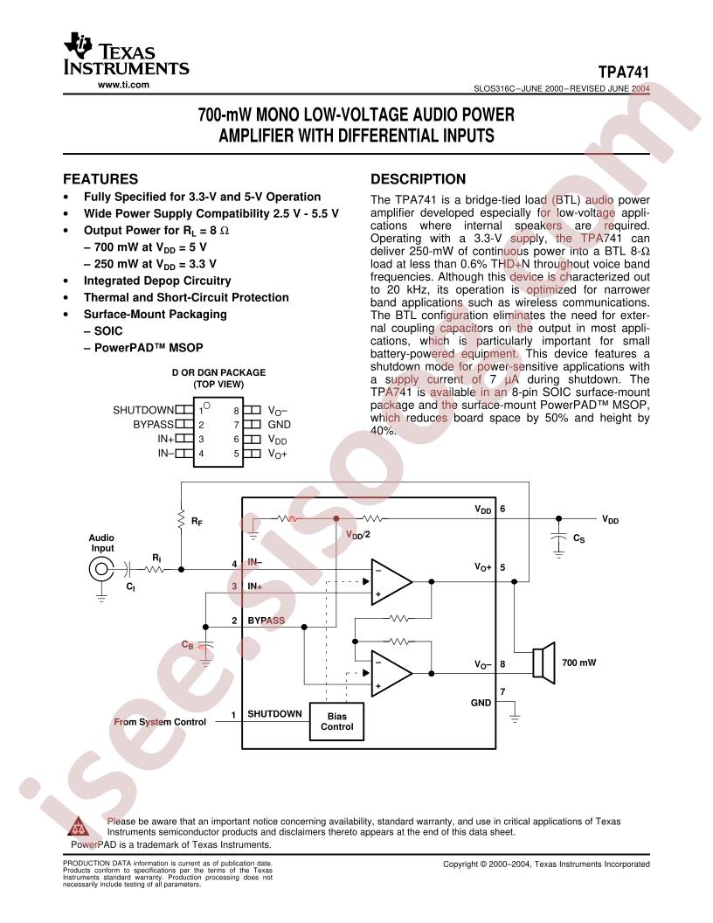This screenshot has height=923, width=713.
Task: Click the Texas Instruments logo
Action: point(126,56)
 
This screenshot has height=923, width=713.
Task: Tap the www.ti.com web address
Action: point(123,85)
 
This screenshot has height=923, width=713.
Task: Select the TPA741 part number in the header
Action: point(624,73)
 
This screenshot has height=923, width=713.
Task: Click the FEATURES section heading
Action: point(100,179)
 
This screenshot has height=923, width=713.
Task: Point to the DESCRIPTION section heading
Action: point(419,179)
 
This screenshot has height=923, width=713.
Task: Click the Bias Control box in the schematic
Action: point(337,721)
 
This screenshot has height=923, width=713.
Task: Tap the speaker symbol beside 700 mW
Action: point(543,663)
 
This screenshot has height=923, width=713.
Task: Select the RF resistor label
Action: point(197,522)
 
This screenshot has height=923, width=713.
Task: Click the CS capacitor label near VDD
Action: point(578,538)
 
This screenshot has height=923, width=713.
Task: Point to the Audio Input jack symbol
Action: point(101,569)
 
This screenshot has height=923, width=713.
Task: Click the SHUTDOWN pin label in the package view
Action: point(143,410)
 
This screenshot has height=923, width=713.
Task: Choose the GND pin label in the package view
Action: point(280,425)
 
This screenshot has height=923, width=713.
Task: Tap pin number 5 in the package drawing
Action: point(237,454)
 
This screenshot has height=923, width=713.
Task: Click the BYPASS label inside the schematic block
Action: point(266,621)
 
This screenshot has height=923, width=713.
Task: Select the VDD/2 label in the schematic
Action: point(358,535)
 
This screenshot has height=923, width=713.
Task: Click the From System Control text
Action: point(160,722)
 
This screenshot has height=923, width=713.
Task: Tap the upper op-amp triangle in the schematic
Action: point(391,581)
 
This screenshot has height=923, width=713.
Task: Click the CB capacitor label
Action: point(188,645)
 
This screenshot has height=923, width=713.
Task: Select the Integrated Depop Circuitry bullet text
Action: point(157,281)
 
